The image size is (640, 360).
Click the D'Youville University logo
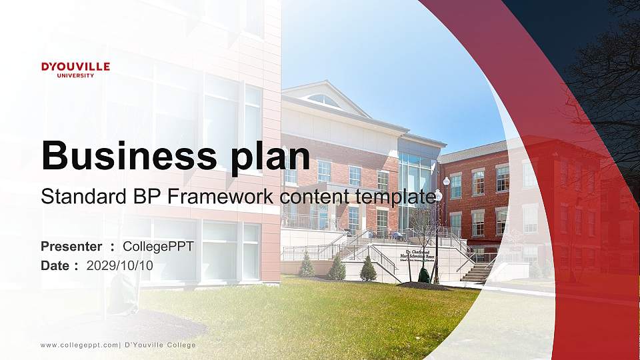tap(75, 69)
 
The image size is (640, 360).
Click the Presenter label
tap(71, 247)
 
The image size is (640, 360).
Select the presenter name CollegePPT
tap(158, 247)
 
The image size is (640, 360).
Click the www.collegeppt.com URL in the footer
tap(79, 345)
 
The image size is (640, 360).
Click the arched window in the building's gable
tap(324, 100)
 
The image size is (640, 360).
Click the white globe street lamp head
tap(446, 181)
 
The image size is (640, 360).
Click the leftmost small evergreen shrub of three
tap(307, 265)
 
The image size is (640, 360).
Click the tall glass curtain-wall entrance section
tap(417, 190)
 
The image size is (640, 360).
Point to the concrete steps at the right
tap(478, 272)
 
